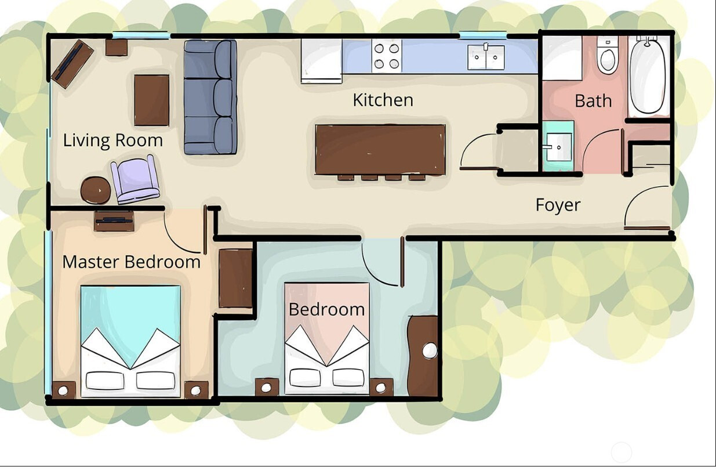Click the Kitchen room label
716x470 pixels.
(x=383, y=100)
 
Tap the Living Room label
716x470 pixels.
(x=113, y=141)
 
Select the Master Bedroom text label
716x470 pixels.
(x=132, y=262)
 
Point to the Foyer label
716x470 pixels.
(x=558, y=205)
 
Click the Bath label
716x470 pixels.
(x=593, y=101)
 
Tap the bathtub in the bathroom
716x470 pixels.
(x=648, y=76)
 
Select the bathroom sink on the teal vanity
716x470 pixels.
(x=558, y=147)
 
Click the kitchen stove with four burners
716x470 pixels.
(x=387, y=56)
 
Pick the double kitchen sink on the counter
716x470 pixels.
(x=486, y=57)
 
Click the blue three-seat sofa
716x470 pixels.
(x=210, y=97)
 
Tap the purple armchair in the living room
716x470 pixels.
(x=136, y=179)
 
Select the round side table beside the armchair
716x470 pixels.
(x=96, y=190)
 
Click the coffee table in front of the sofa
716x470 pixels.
(x=151, y=100)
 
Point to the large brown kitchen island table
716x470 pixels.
(x=380, y=150)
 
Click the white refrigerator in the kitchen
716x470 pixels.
(x=321, y=61)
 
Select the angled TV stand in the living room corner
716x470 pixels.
(x=72, y=64)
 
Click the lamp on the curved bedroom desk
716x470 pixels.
(x=430, y=350)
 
